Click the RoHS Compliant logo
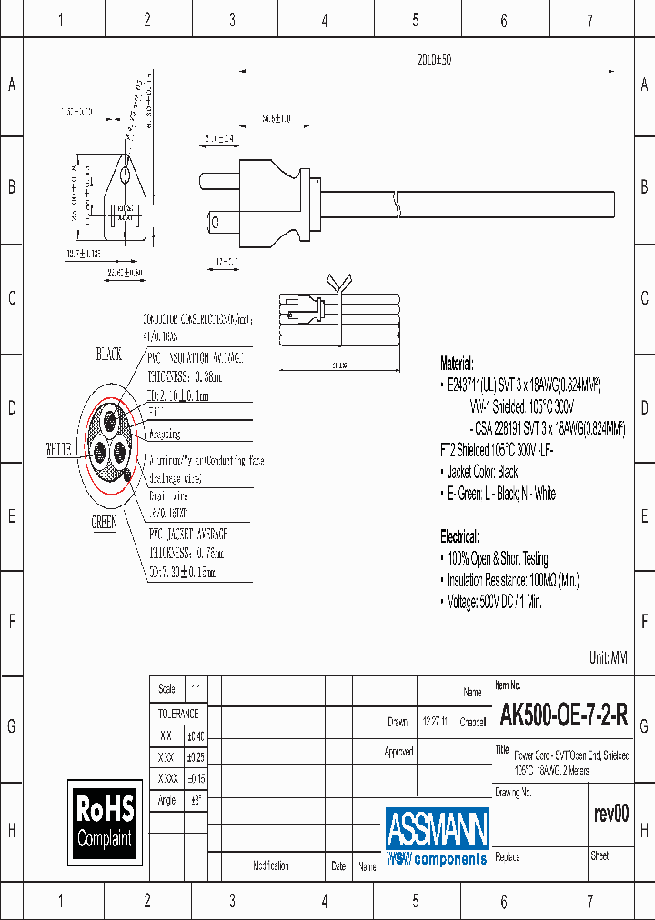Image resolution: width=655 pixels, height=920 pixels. [105, 821]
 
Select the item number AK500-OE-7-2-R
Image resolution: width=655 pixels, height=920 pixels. [563, 716]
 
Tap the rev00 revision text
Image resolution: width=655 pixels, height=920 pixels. [610, 814]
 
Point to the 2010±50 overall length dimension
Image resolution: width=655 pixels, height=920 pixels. [434, 59]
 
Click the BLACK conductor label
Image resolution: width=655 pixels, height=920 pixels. [108, 355]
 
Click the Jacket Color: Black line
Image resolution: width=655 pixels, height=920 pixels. [482, 472]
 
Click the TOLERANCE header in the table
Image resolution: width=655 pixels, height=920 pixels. [176, 714]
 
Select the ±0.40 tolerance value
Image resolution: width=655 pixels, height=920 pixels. [196, 735]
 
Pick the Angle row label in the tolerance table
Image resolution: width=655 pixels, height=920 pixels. [166, 800]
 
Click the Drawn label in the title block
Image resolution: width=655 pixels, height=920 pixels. [398, 722]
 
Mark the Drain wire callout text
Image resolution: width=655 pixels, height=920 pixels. [169, 495]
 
